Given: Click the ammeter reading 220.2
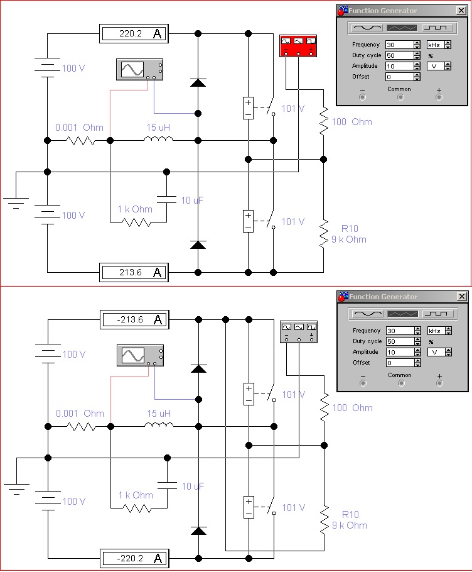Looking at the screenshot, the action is (x=134, y=33).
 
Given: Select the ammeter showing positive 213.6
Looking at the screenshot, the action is (x=134, y=273).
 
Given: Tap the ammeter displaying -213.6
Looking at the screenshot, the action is (x=134, y=319).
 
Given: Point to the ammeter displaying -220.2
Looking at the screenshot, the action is (x=134, y=559).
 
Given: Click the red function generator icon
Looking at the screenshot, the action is (x=298, y=46).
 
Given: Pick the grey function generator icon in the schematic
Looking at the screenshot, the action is (x=299, y=332).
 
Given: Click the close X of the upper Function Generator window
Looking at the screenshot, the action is (x=461, y=11).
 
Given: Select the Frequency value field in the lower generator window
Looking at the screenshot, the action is (x=400, y=331).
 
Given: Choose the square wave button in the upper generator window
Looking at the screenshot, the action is (x=437, y=28).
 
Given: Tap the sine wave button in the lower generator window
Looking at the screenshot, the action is (x=368, y=314).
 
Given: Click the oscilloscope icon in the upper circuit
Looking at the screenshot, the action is (x=139, y=69).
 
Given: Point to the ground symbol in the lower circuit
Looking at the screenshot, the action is (x=16, y=488).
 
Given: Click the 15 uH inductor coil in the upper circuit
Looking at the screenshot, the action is (x=158, y=138).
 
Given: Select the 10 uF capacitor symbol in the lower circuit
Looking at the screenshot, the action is (x=168, y=485).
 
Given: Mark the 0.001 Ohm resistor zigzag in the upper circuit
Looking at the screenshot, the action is (x=80, y=140).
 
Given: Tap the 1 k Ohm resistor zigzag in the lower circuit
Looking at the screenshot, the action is (x=137, y=508).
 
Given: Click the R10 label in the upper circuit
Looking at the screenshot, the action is (x=350, y=229).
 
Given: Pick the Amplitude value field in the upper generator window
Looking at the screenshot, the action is (x=400, y=67).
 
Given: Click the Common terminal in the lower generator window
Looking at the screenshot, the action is (x=401, y=383).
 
